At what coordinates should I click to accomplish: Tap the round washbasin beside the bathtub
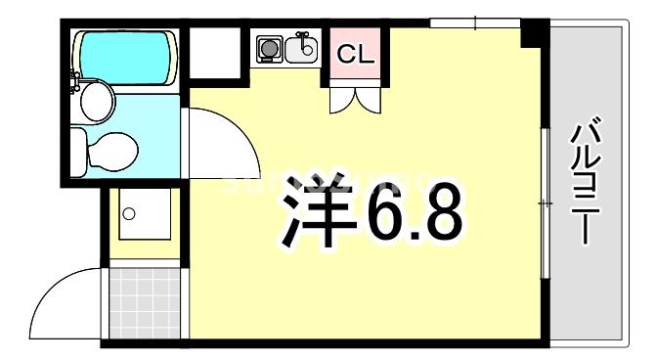click(x=96, y=99)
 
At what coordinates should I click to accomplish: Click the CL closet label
click(x=355, y=56)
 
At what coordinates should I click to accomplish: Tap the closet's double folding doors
click(x=355, y=97)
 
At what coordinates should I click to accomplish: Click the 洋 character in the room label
click(x=316, y=211)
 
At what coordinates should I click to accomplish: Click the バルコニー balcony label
click(x=586, y=182)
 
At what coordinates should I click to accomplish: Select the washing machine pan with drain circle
click(x=144, y=215)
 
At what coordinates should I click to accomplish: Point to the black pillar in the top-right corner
click(x=532, y=33)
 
